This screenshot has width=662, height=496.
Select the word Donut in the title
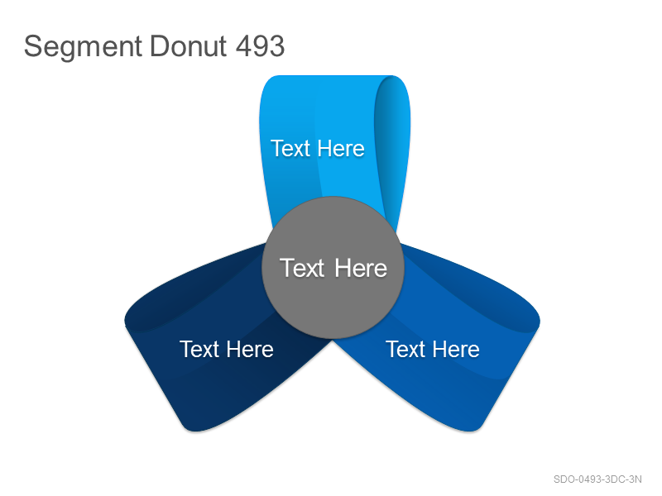click(x=189, y=45)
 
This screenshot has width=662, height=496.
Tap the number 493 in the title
click(x=260, y=45)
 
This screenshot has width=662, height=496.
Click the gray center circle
click(x=333, y=267)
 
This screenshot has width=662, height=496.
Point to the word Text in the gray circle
click(x=302, y=268)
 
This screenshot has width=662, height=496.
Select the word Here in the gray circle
click(x=361, y=268)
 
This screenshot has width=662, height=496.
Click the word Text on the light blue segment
click(x=291, y=149)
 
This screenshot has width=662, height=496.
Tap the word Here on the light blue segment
click(x=341, y=149)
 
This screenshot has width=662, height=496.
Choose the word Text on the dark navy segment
click(x=199, y=349)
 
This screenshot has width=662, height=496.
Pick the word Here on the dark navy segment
click(x=250, y=349)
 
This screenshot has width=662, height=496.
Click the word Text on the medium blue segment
click(x=405, y=349)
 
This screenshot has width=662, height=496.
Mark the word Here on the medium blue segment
click(x=456, y=349)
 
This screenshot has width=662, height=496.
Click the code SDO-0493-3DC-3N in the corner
click(x=597, y=479)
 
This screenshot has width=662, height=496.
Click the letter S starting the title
click(x=32, y=46)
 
